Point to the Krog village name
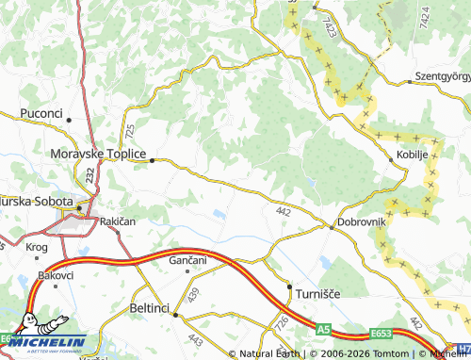pos(37,247)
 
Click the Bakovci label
pos(56,275)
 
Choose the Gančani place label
pos(188,259)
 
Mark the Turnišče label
pos(318,294)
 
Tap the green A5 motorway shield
pos(323,330)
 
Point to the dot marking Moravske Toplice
pos(151,160)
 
